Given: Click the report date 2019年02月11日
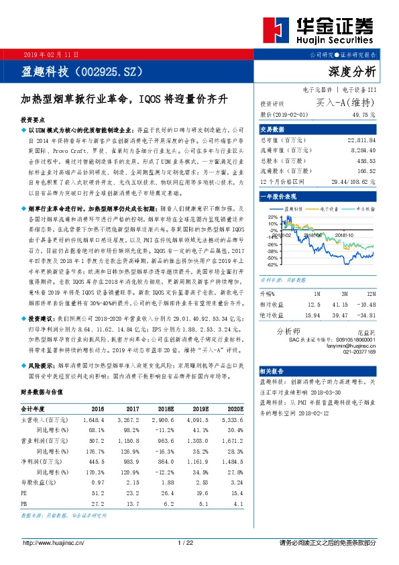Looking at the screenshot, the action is [x=52, y=54].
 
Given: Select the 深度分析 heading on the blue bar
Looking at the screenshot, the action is [x=353, y=72].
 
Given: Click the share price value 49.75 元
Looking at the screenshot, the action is [x=361, y=115].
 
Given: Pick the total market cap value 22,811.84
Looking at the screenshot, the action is [x=358, y=140].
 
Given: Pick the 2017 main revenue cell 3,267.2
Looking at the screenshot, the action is [x=129, y=419].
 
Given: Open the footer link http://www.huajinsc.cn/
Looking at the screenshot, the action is [x=54, y=542].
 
